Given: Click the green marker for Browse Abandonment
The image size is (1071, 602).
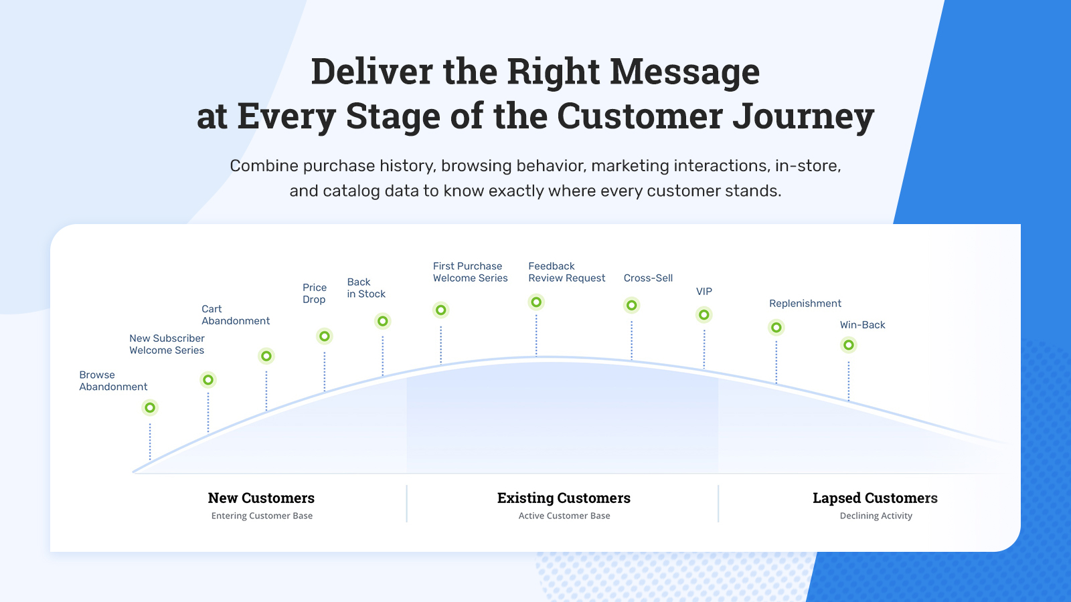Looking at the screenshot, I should point(150,407).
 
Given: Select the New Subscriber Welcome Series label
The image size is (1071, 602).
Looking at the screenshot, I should point(167,344).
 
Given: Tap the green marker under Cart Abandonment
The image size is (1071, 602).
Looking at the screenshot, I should point(266,356).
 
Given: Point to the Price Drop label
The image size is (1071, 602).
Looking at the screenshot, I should point(315,294).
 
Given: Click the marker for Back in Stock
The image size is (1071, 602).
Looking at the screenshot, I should point(383,321).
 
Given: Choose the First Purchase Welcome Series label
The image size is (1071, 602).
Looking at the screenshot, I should point(470,272).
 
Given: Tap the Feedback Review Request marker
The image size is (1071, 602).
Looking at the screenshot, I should point(536,302).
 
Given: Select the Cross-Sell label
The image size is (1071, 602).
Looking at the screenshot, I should point(648,278).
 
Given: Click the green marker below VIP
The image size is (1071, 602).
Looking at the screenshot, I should point(704,314).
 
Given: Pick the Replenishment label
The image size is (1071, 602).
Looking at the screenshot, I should point(805,304).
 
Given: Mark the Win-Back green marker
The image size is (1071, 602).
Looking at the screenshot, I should point(849,345).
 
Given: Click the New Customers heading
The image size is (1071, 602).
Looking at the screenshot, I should point(261,498).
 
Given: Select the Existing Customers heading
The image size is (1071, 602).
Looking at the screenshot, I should point(564,498).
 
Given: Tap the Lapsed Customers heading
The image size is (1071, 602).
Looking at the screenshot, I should point(875,498).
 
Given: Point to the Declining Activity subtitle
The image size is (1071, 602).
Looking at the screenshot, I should point(876,516).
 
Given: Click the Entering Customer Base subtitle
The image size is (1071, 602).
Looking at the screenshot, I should point(262,516).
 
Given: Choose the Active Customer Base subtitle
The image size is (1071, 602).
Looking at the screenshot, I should point(564,516).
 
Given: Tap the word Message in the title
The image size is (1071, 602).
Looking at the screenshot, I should point(685,72).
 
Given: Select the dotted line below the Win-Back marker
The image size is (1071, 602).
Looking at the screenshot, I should point(849,381).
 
